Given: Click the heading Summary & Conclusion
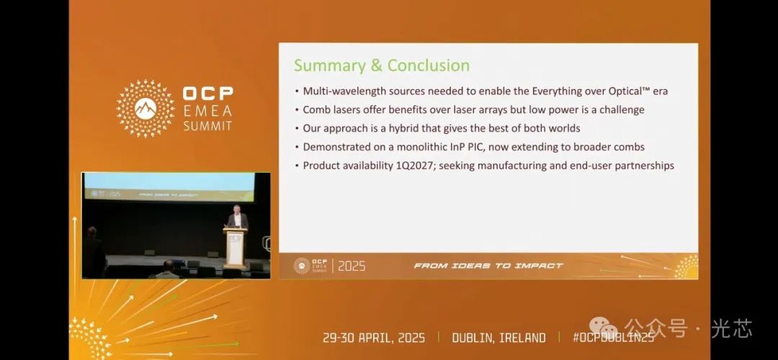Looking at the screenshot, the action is coord(382,66).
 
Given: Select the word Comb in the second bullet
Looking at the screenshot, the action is coord(315,109).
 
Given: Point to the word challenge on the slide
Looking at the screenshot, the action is coord(622,109).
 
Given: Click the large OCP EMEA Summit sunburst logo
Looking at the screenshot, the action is coord(146,109).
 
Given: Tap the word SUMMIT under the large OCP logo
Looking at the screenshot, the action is coord(207,125).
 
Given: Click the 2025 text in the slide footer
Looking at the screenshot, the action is coord(352,266).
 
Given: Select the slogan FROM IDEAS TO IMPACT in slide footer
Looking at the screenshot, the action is coord(488,266).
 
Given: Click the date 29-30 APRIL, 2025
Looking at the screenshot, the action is coord(374,338).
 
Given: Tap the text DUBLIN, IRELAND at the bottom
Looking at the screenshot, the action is coord(498,338).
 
